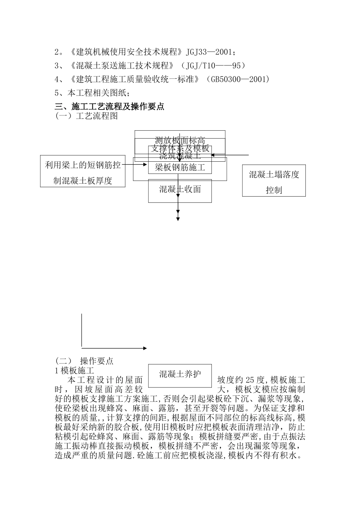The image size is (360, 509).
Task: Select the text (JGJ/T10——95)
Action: (x=213, y=66)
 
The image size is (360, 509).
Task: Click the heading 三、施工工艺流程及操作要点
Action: (x=110, y=106)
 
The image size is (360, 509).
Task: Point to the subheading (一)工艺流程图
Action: (x=86, y=116)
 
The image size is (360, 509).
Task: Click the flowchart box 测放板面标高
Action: (x=180, y=140)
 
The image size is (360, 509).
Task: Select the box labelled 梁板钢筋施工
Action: (x=180, y=167)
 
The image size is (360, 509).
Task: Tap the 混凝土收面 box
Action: (x=180, y=189)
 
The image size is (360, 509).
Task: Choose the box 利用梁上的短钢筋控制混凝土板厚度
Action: (x=83, y=173)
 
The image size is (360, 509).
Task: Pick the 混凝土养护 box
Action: (x=180, y=375)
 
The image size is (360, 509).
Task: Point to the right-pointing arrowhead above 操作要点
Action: (x=145, y=348)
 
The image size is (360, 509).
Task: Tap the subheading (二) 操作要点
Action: (x=84, y=361)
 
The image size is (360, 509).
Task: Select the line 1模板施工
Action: (x=74, y=370)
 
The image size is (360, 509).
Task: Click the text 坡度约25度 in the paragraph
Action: (x=243, y=380)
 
